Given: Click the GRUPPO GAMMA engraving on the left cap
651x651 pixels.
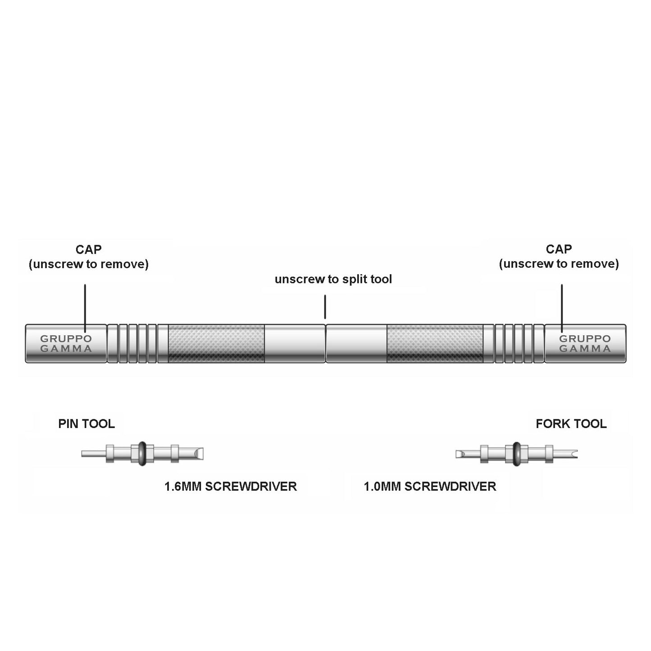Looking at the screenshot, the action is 66,343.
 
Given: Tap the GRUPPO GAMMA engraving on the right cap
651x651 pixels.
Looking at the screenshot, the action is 585,343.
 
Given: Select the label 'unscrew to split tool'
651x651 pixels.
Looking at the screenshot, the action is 333,279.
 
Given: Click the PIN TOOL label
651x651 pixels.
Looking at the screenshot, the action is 86,423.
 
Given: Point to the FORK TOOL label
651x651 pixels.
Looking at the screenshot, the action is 571,423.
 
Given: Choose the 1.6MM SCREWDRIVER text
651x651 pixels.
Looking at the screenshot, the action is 230,487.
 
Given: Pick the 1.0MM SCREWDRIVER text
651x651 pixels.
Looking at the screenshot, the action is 430,487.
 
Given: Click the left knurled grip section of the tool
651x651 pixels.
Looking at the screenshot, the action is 216,343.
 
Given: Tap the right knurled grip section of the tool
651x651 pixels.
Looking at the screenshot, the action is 435,343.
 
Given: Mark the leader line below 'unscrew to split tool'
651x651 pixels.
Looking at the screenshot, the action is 325,307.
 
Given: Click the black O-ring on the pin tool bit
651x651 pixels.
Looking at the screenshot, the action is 142,454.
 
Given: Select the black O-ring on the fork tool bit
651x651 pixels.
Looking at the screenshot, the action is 516,454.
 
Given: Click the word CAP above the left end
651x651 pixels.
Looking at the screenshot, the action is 88,250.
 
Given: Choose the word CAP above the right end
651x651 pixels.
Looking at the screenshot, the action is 559,249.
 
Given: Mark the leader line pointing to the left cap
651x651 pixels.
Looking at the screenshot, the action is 85,308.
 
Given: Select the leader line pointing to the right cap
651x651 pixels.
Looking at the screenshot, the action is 562,308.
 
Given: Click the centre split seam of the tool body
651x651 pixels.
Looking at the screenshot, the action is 326,343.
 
